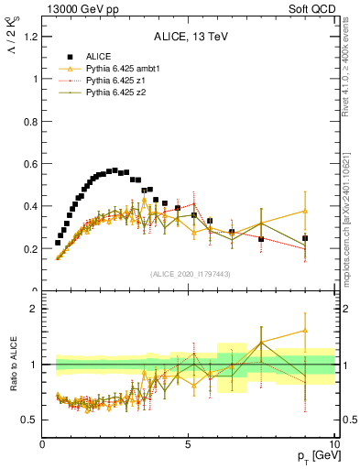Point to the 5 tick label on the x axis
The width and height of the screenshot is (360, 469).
click(189, 444)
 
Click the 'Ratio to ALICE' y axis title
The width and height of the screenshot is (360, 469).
click(10, 365)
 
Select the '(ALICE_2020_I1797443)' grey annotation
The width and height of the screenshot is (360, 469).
click(190, 274)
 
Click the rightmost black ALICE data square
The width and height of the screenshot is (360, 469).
click(305, 238)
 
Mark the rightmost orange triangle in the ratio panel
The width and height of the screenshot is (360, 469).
click(305, 331)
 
